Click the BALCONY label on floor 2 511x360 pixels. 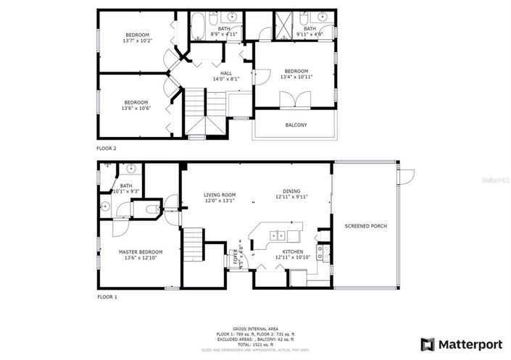point(296,125)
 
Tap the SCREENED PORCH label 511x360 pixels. point(365,226)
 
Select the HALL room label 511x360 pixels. point(226,73)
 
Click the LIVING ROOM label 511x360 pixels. point(220,195)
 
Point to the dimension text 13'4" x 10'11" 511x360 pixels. point(296,77)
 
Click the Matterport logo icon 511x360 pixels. point(428,343)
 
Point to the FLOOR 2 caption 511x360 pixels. point(107,148)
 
